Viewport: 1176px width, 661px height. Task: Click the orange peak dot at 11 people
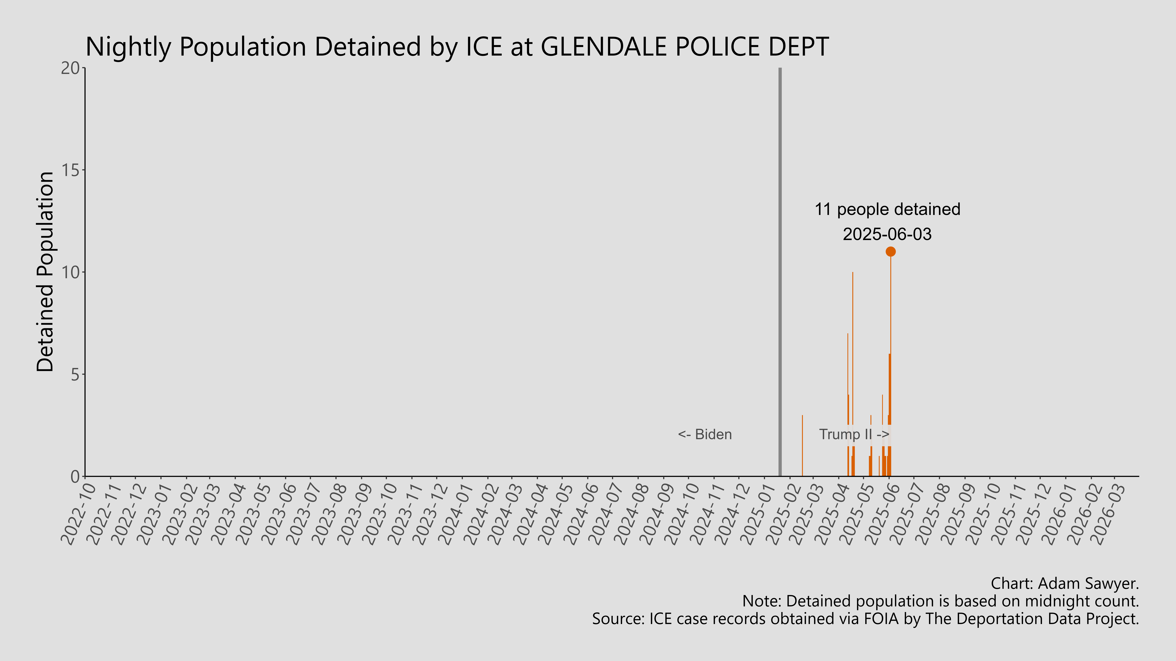890,251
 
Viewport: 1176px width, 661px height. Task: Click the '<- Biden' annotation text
705,434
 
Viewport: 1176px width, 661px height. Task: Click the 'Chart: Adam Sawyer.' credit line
1065,583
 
